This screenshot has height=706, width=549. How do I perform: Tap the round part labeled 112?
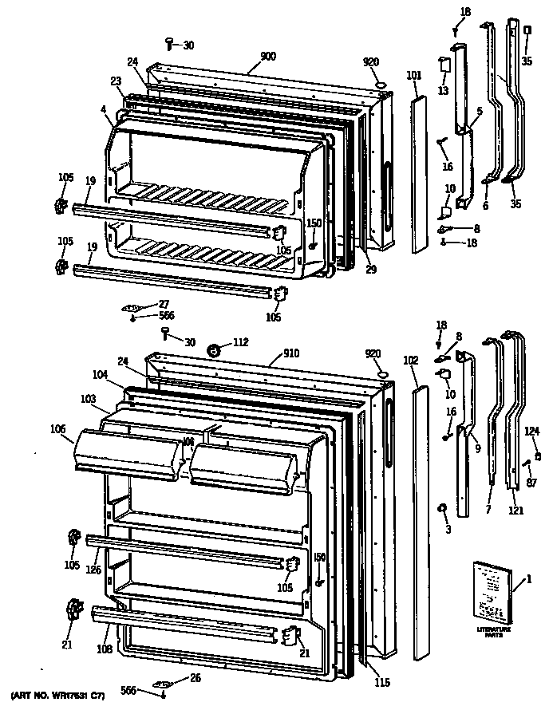212,349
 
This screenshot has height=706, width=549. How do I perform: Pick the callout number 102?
411,360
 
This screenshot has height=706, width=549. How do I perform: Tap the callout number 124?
531,433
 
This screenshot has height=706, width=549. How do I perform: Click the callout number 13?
443,92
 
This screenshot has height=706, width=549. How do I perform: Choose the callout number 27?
164,303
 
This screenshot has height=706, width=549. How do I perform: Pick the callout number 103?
89,397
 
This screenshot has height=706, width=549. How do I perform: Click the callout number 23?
116,81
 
